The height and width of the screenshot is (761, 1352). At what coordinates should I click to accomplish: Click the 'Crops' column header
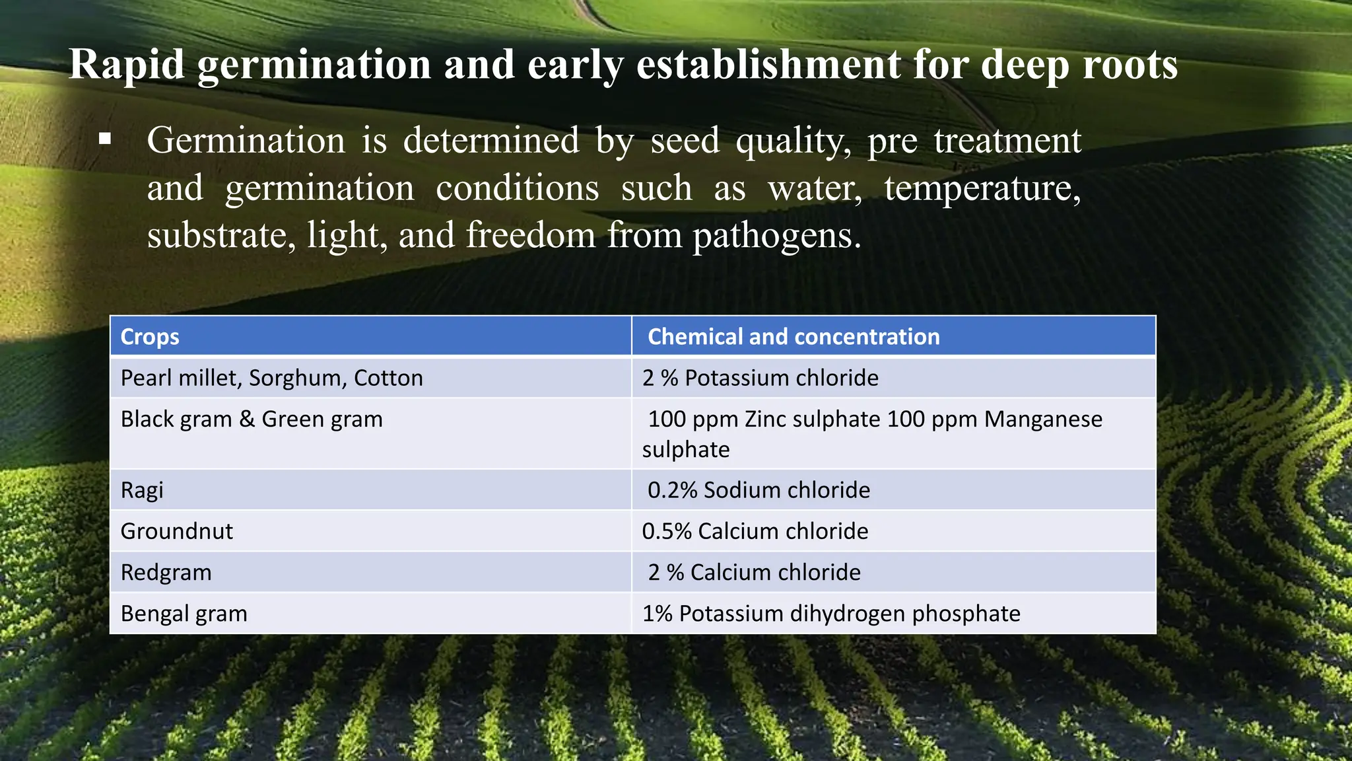[x=150, y=337]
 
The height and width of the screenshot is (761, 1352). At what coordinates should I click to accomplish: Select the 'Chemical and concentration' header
[x=794, y=337]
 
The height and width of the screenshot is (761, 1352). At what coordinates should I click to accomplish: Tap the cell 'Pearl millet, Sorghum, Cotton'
[x=271, y=378]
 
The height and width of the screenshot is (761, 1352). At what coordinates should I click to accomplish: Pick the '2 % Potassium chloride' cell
[x=760, y=378]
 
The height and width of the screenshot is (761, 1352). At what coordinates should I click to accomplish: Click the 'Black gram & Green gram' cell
[x=252, y=419]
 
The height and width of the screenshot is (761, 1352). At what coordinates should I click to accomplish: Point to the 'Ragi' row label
[x=142, y=490]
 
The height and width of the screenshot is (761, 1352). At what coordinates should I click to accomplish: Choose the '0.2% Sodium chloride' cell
[x=759, y=490]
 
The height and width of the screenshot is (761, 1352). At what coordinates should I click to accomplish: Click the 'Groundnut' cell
[x=177, y=531]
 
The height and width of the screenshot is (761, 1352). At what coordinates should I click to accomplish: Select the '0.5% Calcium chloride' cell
[x=755, y=531]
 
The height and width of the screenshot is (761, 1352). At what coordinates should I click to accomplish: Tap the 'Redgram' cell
[x=166, y=572]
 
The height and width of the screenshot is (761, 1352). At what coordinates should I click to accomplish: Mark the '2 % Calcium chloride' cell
[x=754, y=572]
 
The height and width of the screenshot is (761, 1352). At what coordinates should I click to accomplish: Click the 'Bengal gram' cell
[x=184, y=614]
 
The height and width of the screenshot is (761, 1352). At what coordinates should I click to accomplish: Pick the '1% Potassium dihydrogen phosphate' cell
[x=831, y=614]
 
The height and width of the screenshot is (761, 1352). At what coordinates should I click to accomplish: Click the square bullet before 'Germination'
[x=105, y=139]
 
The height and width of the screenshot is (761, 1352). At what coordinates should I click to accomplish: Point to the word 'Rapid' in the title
[x=127, y=65]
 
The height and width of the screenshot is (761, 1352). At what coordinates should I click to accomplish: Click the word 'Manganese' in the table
[x=1043, y=419]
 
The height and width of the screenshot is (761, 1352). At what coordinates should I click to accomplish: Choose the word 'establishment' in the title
[x=768, y=65]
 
